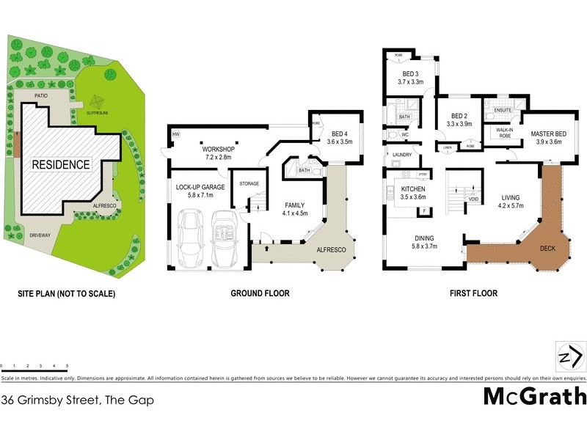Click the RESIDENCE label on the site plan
(60, 165)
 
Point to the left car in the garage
(192, 239)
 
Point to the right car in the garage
(224, 239)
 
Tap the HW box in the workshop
(176, 135)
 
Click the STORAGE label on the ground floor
(248, 183)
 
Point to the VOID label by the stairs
(474, 199)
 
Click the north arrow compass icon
(570, 358)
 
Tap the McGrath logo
(535, 396)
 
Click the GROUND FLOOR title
(260, 293)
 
